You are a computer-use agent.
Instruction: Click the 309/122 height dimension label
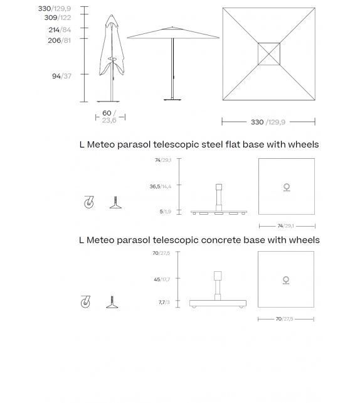[x=57, y=18]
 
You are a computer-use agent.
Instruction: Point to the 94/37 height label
[x=61, y=76]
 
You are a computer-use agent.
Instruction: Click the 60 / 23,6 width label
[x=109, y=117]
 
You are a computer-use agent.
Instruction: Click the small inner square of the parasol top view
[x=268, y=53]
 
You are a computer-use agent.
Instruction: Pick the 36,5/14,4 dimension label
[x=160, y=186]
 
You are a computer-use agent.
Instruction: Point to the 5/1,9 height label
[x=166, y=212]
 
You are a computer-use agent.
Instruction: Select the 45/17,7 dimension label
[x=162, y=279]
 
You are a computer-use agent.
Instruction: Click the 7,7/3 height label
[x=164, y=302]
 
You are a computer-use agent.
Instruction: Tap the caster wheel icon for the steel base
[x=88, y=202]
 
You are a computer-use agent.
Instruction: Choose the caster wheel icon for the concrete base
[x=86, y=302]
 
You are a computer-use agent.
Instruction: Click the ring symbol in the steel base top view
[x=287, y=187]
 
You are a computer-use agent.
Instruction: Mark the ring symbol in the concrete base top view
[x=286, y=280]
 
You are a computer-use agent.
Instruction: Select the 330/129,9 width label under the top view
[x=268, y=122]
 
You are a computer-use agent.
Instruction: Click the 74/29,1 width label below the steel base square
[x=286, y=226]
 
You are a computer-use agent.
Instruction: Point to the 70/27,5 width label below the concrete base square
[x=285, y=319]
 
